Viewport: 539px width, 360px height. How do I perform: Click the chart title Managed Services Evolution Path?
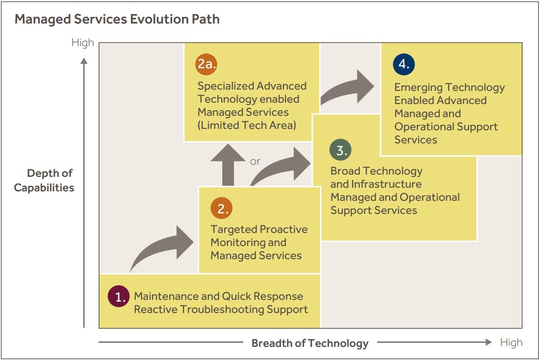pyautogui.click(x=117, y=19)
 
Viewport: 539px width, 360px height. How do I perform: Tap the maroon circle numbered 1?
pyautogui.click(x=119, y=297)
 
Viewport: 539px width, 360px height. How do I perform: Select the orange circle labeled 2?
pyautogui.click(x=222, y=208)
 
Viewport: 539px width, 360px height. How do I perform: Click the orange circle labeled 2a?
pyautogui.click(x=207, y=64)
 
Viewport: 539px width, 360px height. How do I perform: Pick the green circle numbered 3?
pyautogui.click(x=340, y=151)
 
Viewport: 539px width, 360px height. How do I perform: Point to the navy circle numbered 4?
pyautogui.click(x=404, y=64)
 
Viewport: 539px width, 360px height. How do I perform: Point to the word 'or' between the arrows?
pyautogui.click(x=255, y=161)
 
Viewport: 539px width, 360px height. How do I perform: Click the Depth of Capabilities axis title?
pyautogui.click(x=44, y=180)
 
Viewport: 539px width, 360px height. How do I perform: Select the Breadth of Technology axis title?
pyautogui.click(x=310, y=343)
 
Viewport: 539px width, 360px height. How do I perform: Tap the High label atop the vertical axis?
pyautogui.click(x=83, y=43)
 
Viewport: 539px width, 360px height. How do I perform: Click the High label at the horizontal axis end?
pyautogui.click(x=511, y=342)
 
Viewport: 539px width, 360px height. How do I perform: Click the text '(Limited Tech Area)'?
pyautogui.click(x=247, y=125)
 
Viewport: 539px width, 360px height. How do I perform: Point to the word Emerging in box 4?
pyautogui.click(x=418, y=87)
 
